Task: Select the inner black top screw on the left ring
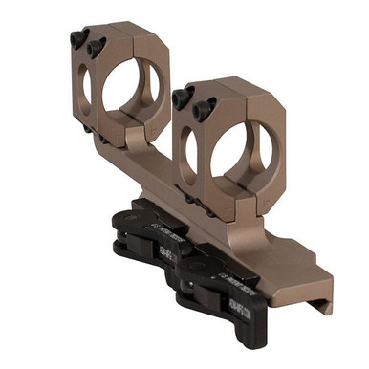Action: pyautogui.click(x=94, y=48)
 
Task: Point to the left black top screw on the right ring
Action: pyautogui.click(x=181, y=95)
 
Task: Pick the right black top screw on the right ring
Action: pyautogui.click(x=202, y=110)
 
